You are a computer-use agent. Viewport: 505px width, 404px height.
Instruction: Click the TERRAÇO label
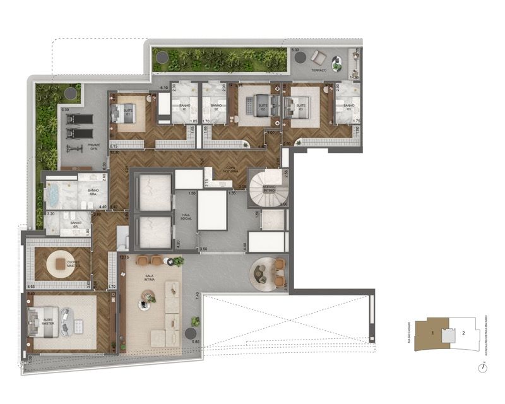click(319, 71)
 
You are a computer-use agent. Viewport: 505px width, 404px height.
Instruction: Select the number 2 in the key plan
click(463, 332)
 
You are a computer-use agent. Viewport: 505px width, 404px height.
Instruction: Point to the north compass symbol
click(482, 367)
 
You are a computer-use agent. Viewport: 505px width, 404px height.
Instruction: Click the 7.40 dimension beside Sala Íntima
click(198, 295)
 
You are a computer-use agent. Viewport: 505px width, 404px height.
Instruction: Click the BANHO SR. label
click(76, 223)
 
